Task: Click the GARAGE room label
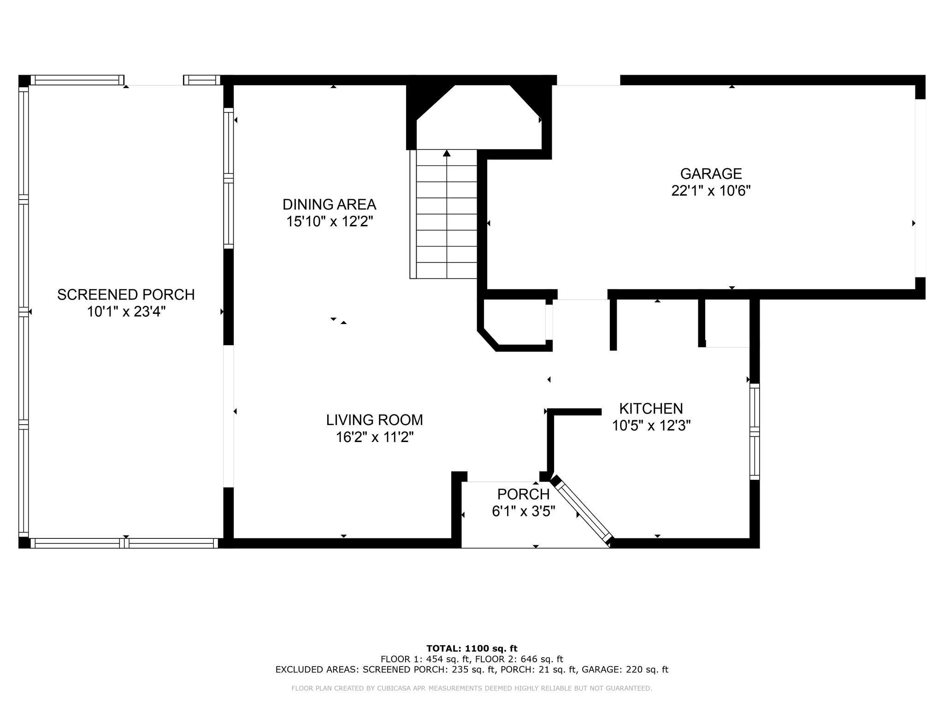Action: [x=711, y=174]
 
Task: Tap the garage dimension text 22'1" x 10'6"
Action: [x=711, y=191]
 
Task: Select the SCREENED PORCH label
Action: [x=126, y=295]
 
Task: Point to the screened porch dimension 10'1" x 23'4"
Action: [x=126, y=312]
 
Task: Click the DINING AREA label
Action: [x=329, y=204]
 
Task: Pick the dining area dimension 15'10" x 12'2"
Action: [x=329, y=222]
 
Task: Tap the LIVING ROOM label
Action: [x=374, y=420]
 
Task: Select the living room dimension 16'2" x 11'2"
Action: [x=374, y=437]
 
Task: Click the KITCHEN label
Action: [x=651, y=408]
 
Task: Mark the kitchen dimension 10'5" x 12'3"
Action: [x=651, y=425]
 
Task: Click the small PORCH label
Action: [x=523, y=494]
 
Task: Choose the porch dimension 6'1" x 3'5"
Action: [x=523, y=511]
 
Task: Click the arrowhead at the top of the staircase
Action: [x=446, y=153]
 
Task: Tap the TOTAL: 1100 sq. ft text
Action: [x=472, y=649]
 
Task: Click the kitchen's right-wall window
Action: [x=754, y=431]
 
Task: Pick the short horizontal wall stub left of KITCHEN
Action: [x=574, y=412]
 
